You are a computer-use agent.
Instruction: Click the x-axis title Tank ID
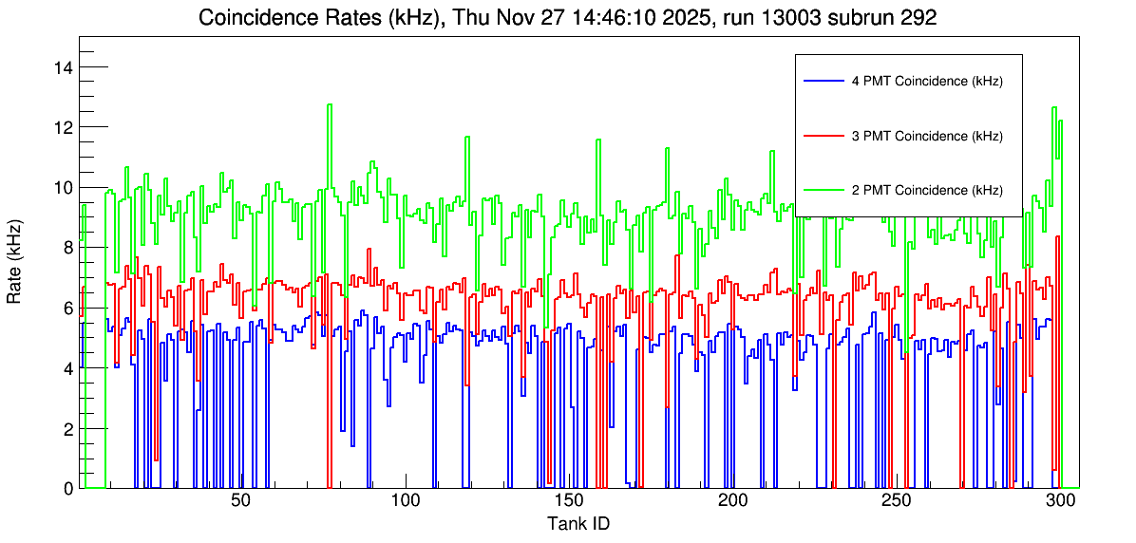pos(577,523)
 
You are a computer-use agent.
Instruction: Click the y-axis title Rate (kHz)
pos(15,263)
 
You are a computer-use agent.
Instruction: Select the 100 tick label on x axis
pos(406,501)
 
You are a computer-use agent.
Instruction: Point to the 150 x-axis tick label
pos(569,501)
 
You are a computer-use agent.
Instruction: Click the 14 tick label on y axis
pos(63,67)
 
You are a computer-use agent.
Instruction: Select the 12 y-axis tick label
pos(63,127)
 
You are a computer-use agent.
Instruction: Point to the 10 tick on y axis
pos(63,187)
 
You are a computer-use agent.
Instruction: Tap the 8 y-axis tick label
pos(67,248)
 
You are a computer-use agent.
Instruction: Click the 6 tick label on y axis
pos(67,308)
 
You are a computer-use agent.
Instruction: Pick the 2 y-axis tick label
pos(67,428)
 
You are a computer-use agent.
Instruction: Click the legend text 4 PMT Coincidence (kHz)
pos(927,82)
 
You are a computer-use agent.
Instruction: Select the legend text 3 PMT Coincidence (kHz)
pos(927,136)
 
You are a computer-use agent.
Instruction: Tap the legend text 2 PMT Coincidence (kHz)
pos(927,190)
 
